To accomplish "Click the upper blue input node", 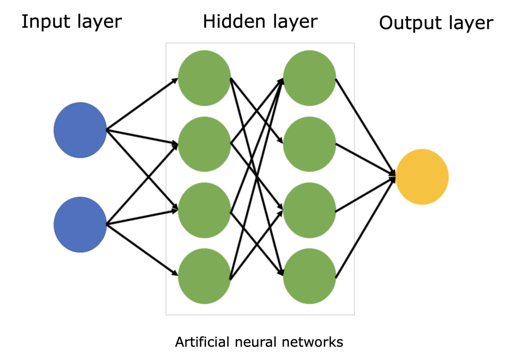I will [80, 130].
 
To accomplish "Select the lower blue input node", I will [80, 224].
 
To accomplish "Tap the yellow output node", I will [422, 177].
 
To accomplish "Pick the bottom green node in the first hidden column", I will [204, 276].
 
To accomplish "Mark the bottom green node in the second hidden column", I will [309, 276].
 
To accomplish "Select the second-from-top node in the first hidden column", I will [204, 144].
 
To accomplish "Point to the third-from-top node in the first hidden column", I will [204, 210].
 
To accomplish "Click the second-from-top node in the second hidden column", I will [309, 144].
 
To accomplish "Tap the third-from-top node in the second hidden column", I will [309, 210].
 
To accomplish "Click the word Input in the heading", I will [42, 22].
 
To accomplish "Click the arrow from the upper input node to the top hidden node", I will [142, 105].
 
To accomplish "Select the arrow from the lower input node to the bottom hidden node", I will [142, 249].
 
